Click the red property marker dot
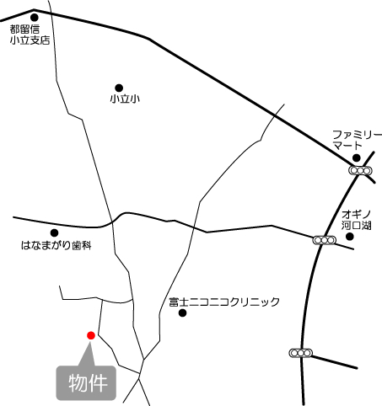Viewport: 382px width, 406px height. [90, 335]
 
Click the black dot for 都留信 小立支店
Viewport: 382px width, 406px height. [35, 14]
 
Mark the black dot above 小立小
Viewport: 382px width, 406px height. [118, 87]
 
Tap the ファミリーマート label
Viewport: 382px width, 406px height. [357, 139]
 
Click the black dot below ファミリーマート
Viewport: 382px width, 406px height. [357, 158]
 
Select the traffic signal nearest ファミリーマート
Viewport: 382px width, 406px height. [361, 171]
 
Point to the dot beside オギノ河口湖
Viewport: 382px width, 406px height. [350, 236]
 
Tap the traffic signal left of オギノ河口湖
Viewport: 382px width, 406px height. [323, 240]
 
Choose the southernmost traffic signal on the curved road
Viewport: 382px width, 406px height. [299, 352]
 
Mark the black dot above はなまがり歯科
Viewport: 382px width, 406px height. [55, 232]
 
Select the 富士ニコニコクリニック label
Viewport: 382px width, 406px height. [223, 302]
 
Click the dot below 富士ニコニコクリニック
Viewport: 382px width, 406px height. [182, 313]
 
